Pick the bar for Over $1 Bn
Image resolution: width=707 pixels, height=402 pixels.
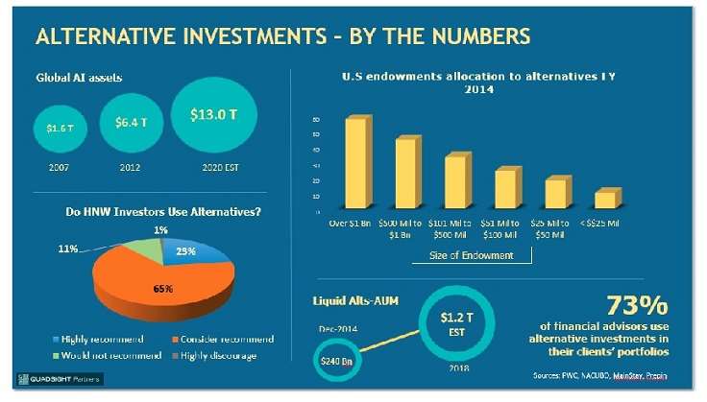355,160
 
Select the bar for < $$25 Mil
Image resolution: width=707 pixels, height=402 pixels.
604,198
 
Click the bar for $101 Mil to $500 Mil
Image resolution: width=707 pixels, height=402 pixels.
455,179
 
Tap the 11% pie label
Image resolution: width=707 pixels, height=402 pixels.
68,248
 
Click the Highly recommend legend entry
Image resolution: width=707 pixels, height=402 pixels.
95,339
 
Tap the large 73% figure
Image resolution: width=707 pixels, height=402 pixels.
635,306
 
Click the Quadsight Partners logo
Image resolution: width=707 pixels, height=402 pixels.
54,377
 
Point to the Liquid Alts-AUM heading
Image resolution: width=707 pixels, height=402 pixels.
357,300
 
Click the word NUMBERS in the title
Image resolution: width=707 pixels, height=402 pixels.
478,37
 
